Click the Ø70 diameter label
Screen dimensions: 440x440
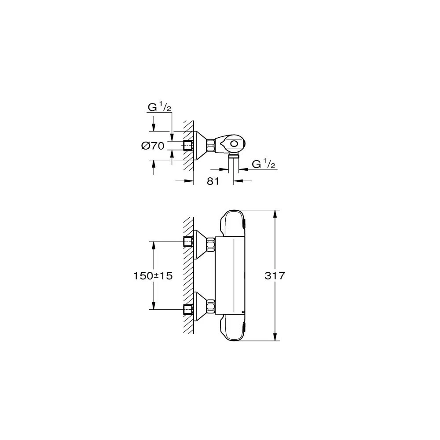(x=153, y=146)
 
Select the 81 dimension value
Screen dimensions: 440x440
(x=213, y=181)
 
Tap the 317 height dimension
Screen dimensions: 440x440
(x=276, y=276)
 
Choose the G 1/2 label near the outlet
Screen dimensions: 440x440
(x=263, y=164)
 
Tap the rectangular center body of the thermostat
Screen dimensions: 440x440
(x=229, y=276)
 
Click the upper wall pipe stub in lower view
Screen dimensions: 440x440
(x=189, y=242)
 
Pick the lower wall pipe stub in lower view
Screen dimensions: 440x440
(x=189, y=309)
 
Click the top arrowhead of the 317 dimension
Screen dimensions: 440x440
(x=276, y=213)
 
